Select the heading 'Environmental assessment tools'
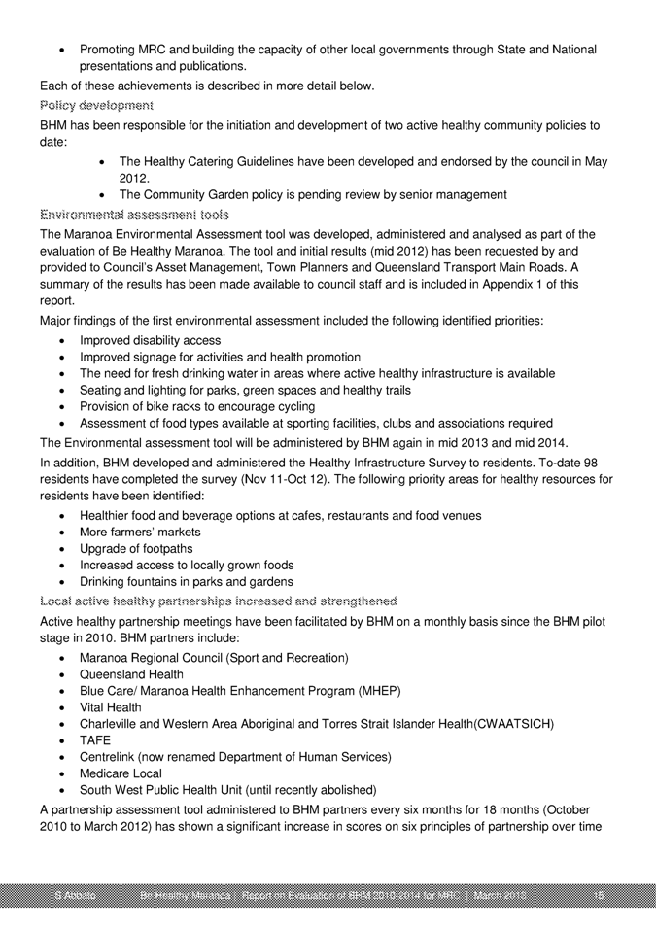click(135, 213)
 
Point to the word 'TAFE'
click(96, 739)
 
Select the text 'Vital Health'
click(111, 706)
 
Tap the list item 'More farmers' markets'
click(140, 533)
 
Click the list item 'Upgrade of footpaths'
click(137, 549)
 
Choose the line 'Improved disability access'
click(150, 340)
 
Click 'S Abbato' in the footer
click(75, 893)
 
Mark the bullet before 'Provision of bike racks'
click(63, 406)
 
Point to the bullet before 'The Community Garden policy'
click(103, 193)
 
